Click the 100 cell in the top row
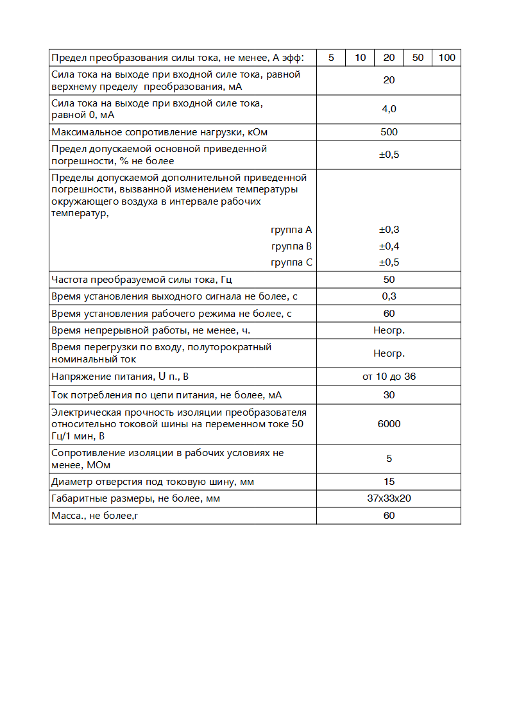446,58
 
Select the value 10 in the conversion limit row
361,58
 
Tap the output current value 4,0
389,109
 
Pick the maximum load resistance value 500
389,132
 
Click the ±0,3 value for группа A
389,230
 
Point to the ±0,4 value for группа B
389,246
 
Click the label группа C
291,262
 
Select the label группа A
291,230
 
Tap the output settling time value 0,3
389,296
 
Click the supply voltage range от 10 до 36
389,377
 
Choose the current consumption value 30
389,395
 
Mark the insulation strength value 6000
389,424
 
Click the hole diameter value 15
389,482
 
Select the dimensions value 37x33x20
389,498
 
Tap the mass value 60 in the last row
389,516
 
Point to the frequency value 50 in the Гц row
389,280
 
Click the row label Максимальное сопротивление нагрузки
159,132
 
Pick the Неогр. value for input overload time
389,353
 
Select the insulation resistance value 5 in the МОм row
389,459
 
